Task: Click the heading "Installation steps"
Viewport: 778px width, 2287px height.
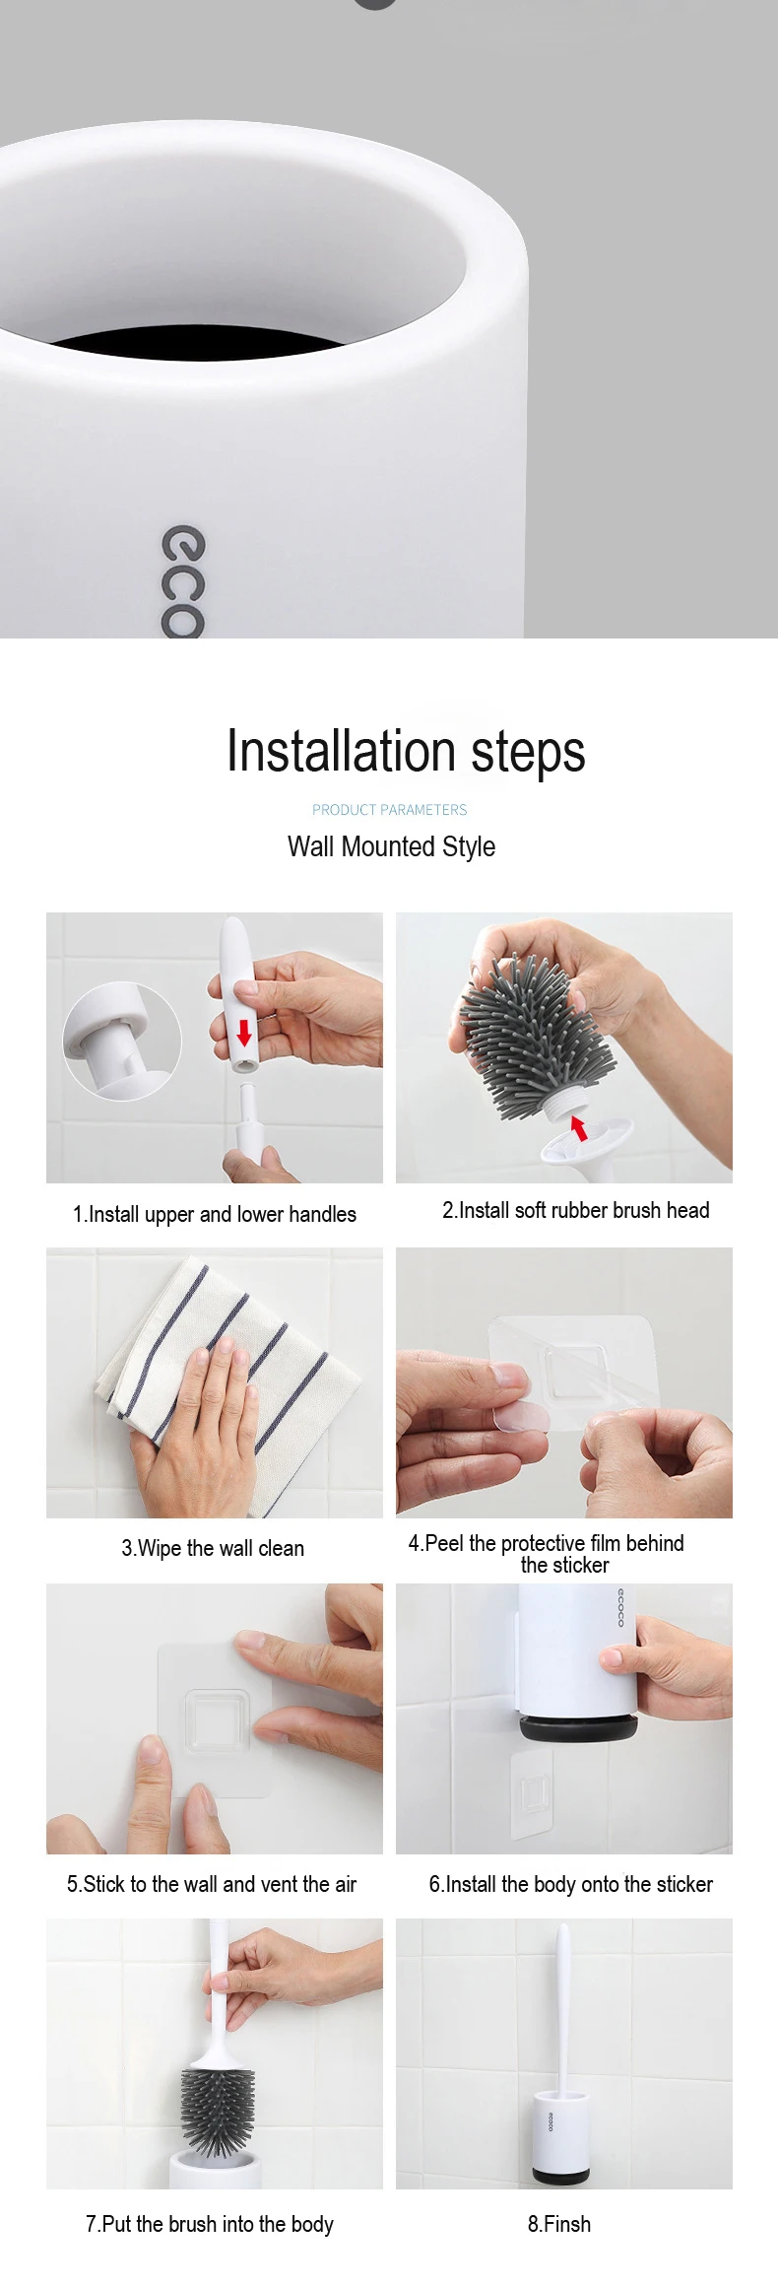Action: [x=406, y=751]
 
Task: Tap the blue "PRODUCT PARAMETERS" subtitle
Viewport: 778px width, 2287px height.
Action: [x=390, y=810]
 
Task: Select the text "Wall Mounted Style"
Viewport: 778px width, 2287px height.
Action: [x=391, y=846]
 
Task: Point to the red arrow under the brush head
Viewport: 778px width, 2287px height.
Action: [x=578, y=1127]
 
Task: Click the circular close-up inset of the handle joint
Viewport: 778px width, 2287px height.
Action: [x=122, y=1041]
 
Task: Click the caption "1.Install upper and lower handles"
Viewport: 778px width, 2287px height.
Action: [x=215, y=1214]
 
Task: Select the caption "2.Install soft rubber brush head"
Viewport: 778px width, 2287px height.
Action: [x=575, y=1210]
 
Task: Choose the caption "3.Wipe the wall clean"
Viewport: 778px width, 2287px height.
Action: [x=213, y=1548]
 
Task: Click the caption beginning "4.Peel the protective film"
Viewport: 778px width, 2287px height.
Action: [x=547, y=1553]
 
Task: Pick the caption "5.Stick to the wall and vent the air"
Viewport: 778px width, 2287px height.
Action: [x=212, y=1884]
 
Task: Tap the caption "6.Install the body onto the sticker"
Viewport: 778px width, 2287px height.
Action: [x=571, y=1884]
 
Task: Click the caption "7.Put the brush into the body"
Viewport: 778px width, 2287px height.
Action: [x=210, y=2224]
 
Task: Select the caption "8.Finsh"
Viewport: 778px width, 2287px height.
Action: [x=559, y=2224]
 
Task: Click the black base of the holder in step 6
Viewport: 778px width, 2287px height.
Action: [x=579, y=1728]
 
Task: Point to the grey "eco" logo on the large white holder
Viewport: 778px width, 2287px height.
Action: [x=183, y=582]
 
